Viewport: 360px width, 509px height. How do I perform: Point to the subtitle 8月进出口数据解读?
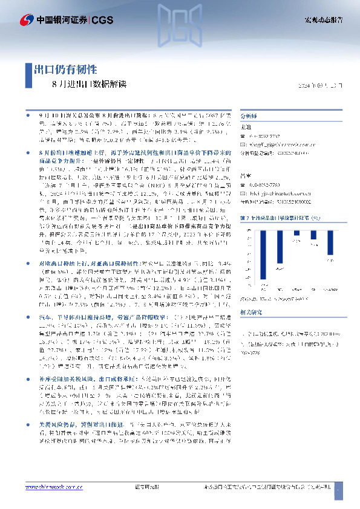[90, 84]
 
